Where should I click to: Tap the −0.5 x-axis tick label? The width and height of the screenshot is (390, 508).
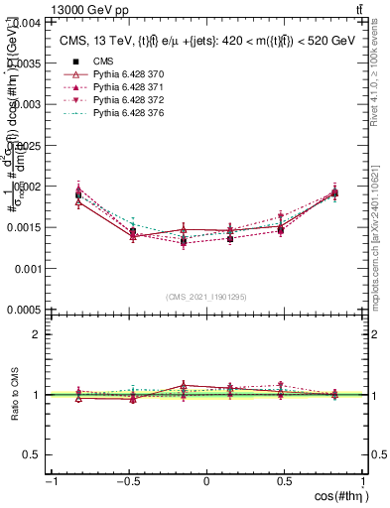(127, 482)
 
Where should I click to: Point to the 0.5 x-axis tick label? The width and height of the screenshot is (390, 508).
(284, 482)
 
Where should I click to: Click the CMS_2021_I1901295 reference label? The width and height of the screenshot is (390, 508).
(206, 297)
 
